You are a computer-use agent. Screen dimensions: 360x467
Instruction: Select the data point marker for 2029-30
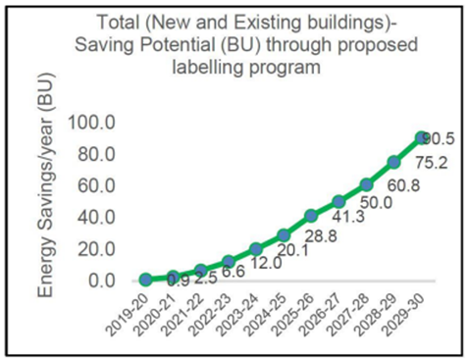[x=422, y=138]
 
